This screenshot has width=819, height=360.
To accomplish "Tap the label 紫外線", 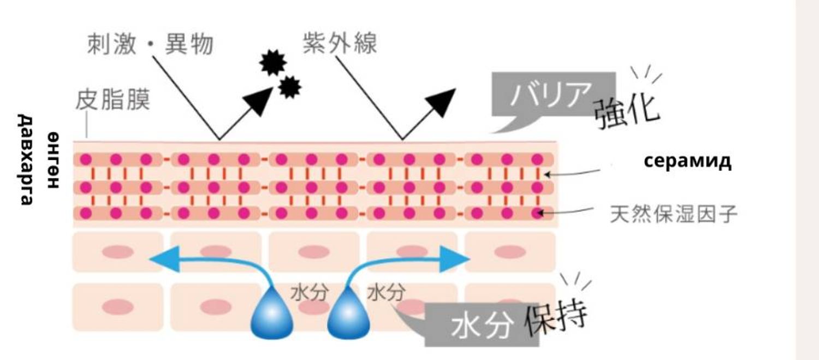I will (x=340, y=42).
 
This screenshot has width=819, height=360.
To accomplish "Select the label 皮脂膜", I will (x=112, y=101).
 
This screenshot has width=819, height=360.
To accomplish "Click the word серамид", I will (x=687, y=161).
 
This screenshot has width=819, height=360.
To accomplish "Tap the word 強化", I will (x=627, y=113).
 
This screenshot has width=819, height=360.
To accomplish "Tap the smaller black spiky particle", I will (x=289, y=86).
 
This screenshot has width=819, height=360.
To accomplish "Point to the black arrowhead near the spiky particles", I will (x=257, y=102).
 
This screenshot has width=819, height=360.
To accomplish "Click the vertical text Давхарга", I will (x=26, y=160).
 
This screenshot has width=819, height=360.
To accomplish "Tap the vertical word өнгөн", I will (x=53, y=160).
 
